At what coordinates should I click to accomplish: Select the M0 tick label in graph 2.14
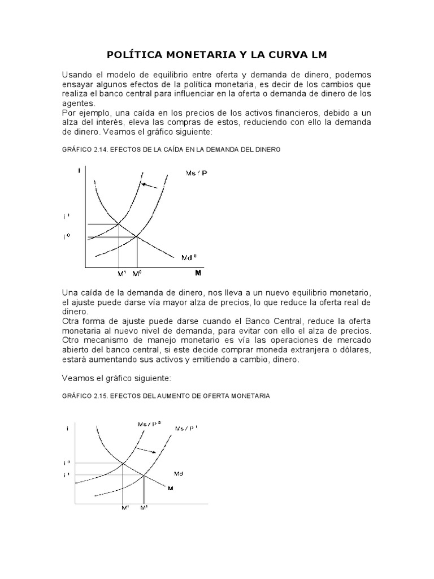coord(137,274)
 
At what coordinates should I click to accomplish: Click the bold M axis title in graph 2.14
coord(198,274)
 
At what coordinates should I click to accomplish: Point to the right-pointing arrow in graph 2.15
coord(148,451)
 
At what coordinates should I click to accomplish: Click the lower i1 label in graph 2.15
coord(67,475)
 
